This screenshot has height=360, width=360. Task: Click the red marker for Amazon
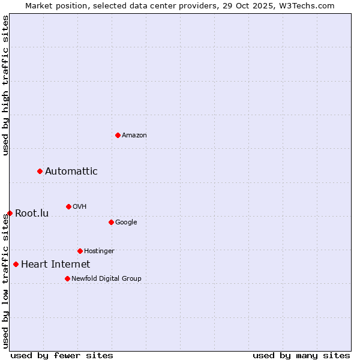pos(118,135)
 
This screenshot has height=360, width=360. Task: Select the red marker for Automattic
pos(40,172)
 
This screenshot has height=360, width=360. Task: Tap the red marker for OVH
pos(68,207)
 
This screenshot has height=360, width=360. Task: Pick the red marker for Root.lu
pos(10,214)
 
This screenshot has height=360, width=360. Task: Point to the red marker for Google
pos(111,223)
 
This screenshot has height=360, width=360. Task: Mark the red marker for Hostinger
pos(80,251)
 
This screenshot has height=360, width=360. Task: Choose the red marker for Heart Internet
pos(16,264)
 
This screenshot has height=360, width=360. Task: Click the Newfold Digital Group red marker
pos(67,278)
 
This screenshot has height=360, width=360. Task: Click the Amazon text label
pos(134,136)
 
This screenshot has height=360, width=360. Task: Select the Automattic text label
pos(71,172)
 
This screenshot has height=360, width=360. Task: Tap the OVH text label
pos(80,207)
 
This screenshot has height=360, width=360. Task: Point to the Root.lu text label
pos(32,214)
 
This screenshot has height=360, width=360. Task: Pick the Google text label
pos(126,223)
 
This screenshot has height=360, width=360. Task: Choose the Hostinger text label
pos(99,251)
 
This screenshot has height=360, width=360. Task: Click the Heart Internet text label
pos(56,265)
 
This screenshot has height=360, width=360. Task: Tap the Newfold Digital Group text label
pos(106,278)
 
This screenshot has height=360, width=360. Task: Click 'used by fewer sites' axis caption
pos(62,355)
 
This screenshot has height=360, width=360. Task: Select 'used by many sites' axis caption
pos(301,355)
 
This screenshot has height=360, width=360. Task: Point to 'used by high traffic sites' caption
pos(5,85)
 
